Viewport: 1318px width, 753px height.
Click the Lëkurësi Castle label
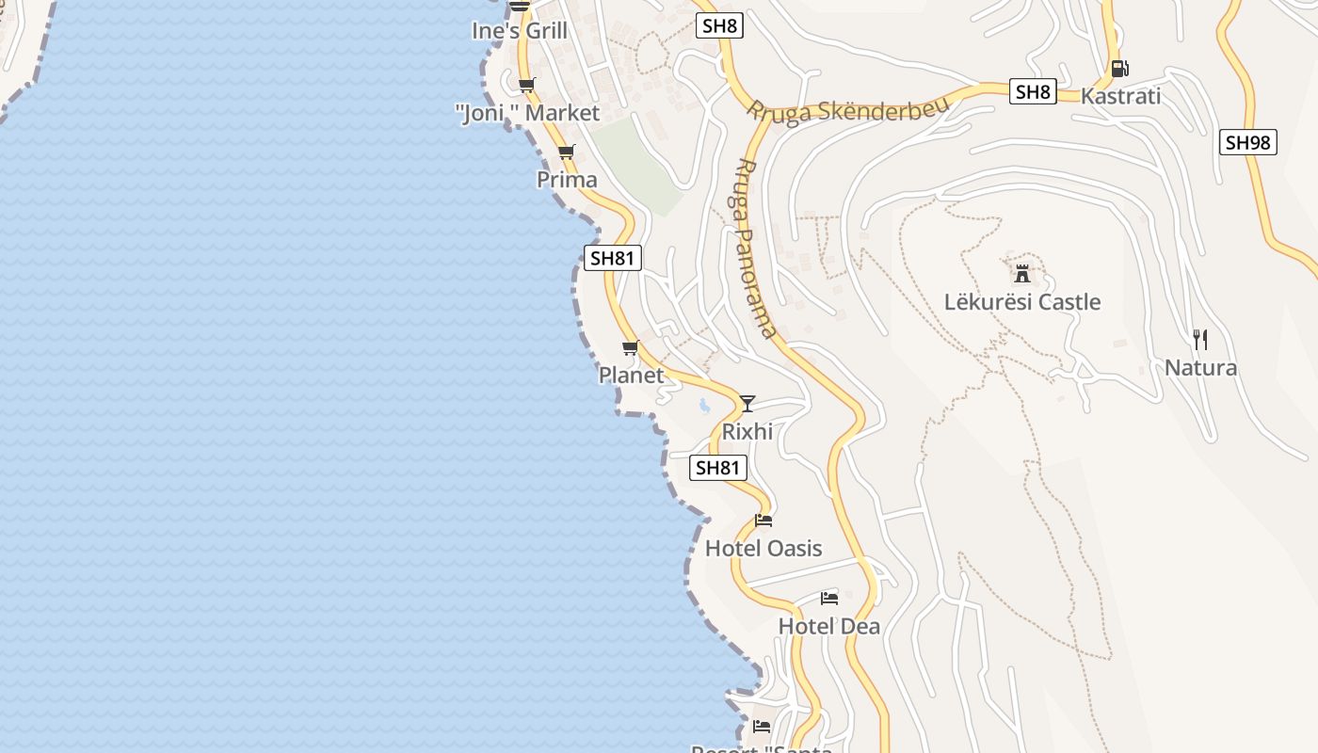1021,302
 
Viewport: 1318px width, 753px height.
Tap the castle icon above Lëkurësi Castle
1021,274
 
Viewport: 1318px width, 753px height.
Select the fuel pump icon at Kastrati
1119,68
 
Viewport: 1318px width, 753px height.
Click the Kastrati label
1120,96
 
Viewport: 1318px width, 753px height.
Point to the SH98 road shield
1248,143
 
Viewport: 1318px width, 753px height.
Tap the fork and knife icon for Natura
1200,339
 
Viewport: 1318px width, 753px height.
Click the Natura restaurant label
1200,367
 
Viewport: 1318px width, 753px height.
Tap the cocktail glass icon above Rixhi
747,404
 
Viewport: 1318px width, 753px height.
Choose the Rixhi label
747,432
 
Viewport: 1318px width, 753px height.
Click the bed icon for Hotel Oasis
763,521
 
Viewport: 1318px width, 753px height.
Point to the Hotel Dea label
829,627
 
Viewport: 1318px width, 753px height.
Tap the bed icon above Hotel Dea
829,599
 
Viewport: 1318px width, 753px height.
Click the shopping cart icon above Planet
631,347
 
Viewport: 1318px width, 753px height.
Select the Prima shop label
567,180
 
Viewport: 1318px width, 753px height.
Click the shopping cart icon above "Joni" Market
527,85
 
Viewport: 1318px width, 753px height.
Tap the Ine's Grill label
520,31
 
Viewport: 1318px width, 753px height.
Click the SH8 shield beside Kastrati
1034,92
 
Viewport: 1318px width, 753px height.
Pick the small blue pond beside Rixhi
704,407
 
